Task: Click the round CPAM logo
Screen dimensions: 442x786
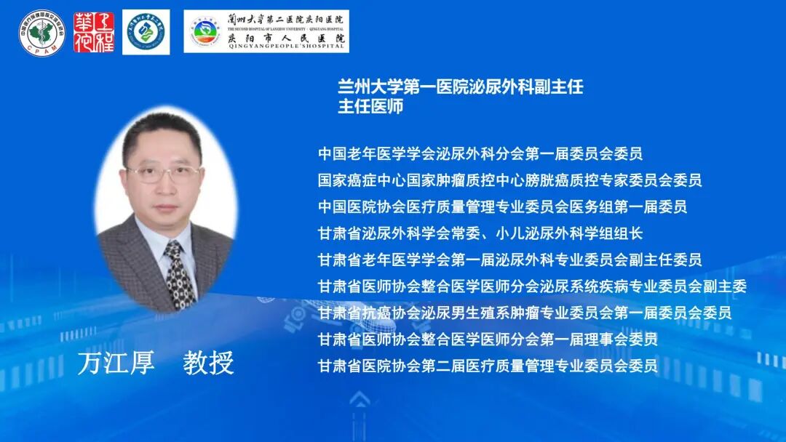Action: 41,31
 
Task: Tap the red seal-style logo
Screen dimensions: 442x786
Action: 93,31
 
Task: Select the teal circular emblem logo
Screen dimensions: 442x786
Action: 146,32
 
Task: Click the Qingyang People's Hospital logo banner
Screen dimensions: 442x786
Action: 266,31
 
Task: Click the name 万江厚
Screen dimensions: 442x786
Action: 116,362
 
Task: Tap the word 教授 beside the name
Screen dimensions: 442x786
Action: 208,362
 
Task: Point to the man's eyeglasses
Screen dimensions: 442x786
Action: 164,174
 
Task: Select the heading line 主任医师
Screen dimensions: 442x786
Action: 370,107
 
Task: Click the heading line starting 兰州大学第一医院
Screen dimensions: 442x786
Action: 460,87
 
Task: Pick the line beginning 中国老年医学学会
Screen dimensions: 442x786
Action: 480,153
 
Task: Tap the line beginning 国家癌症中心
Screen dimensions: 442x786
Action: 509,180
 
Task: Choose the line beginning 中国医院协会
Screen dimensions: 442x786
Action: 502,206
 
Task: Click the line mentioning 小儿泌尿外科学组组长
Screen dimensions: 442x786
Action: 480,233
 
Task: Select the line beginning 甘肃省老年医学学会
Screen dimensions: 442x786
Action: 509,260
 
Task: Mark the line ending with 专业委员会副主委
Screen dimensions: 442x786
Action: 532,286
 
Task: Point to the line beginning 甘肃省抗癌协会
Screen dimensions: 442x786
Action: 524,313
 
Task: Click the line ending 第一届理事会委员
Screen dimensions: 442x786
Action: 487,339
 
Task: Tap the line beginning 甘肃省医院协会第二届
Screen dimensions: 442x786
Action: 487,365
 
